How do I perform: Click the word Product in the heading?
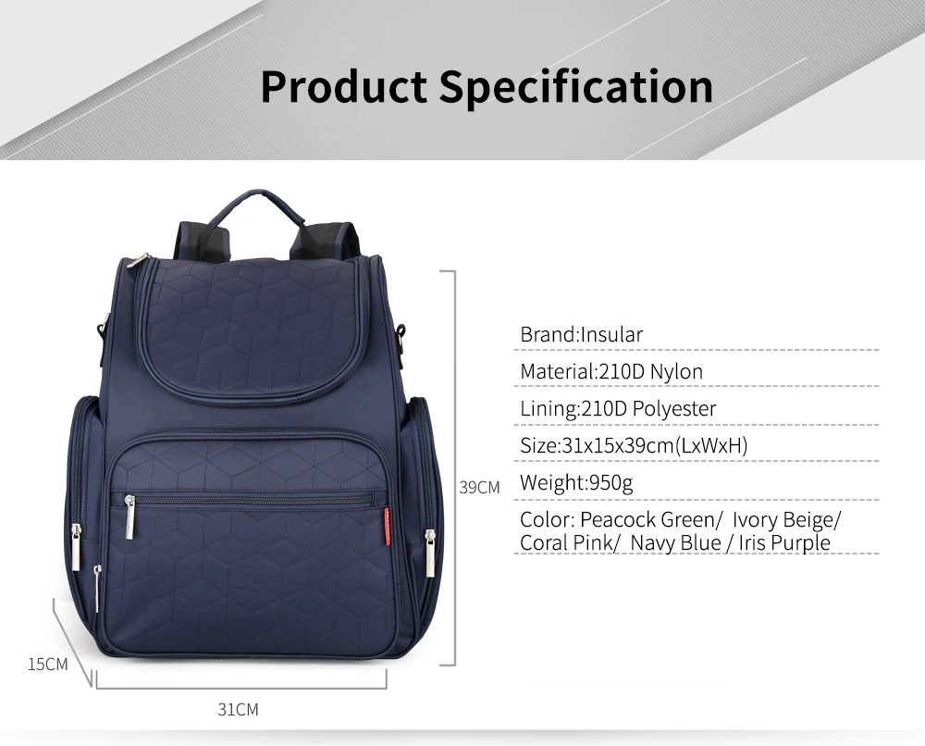(x=343, y=86)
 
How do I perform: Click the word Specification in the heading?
(x=575, y=86)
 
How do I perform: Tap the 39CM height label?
(x=479, y=487)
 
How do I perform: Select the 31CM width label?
(x=238, y=710)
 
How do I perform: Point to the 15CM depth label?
(x=48, y=664)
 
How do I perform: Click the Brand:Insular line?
(x=581, y=334)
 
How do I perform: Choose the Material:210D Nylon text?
(x=610, y=371)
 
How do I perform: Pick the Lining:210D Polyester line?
(x=618, y=408)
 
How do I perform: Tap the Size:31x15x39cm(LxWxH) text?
(x=634, y=445)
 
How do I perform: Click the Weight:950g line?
(x=576, y=482)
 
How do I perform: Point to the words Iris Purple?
(x=783, y=542)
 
